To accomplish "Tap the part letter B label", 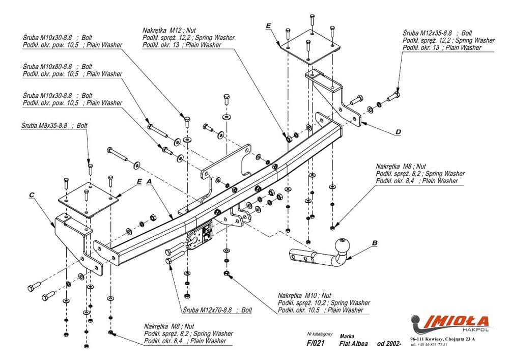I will tap(375, 243).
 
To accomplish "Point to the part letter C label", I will tap(32, 195).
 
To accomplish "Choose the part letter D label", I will tap(399, 132).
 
